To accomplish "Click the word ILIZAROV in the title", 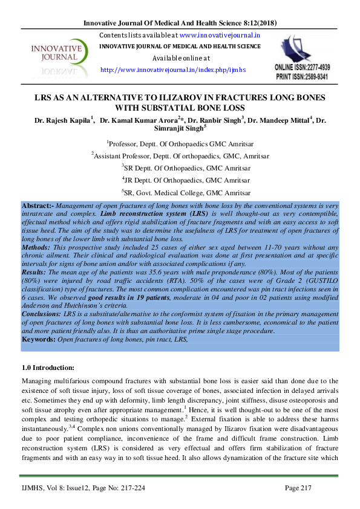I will point(171,98).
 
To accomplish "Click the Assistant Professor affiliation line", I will point(180,156).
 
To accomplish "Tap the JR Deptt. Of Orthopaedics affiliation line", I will point(180,180).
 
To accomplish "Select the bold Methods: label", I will point(38,247).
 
